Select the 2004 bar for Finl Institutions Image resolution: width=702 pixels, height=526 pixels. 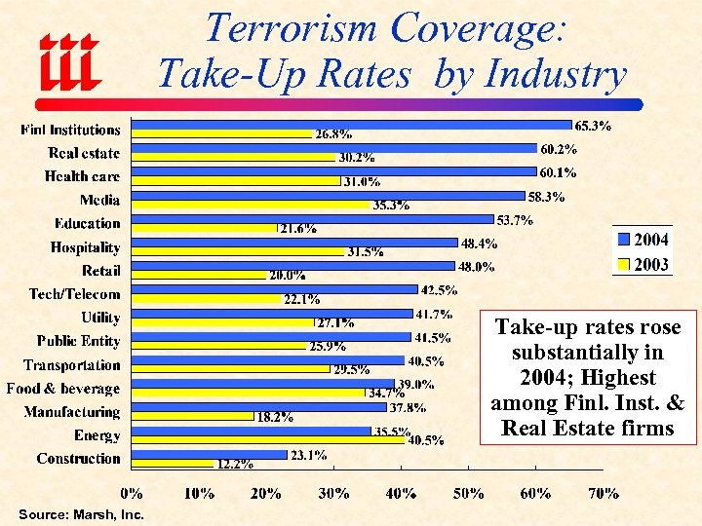click(x=351, y=125)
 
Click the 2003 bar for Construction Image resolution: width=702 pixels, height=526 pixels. click(x=172, y=464)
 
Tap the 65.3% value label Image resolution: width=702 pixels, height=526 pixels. click(x=594, y=126)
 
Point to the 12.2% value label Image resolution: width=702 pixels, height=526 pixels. click(x=236, y=465)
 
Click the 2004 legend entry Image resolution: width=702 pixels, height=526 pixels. click(x=643, y=240)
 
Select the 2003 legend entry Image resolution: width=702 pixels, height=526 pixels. click(x=643, y=265)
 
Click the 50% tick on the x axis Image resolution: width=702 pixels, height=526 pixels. click(x=468, y=494)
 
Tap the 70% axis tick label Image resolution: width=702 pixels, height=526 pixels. click(x=602, y=494)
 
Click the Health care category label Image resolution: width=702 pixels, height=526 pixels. click(x=82, y=176)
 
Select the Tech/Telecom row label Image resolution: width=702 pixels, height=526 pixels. click(x=74, y=294)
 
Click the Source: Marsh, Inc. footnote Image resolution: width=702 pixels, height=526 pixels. click(x=81, y=514)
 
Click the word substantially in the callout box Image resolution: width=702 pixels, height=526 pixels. click(x=587, y=352)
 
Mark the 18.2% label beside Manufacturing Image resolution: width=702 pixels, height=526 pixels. click(x=274, y=418)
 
